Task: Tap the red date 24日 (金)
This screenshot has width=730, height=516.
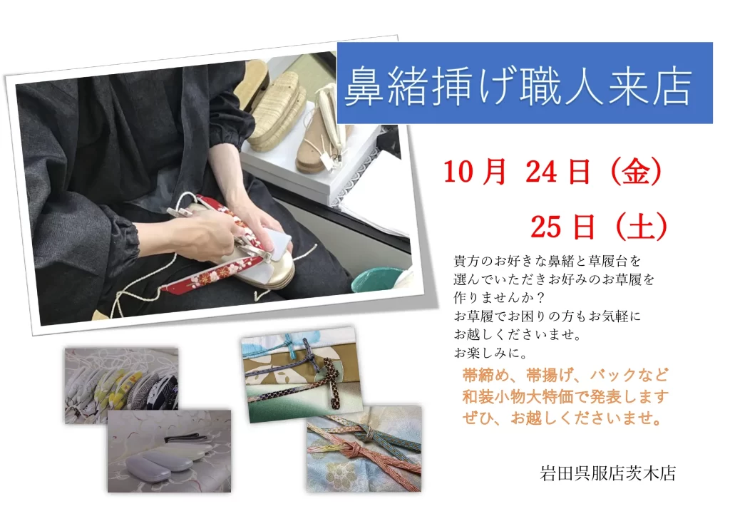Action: point(594,171)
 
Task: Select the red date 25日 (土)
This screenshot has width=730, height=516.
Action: point(599,227)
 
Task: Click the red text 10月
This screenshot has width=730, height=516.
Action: point(475,171)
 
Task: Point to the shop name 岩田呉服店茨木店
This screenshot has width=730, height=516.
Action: point(607,473)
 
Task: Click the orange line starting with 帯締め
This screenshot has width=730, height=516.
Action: point(565,375)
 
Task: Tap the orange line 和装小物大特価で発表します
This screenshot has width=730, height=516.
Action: point(565,396)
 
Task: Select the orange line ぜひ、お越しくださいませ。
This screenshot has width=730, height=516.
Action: point(562,418)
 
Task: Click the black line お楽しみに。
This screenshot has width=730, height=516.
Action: point(490,353)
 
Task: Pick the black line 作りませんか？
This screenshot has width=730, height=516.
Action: point(493,297)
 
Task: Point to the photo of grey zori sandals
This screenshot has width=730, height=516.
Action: point(169,450)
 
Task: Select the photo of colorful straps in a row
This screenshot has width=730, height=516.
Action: point(121,386)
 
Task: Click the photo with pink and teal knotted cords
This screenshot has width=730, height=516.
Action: point(364,449)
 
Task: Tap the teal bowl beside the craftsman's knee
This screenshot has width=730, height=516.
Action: point(377,279)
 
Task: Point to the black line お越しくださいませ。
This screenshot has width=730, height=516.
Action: point(518,334)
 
